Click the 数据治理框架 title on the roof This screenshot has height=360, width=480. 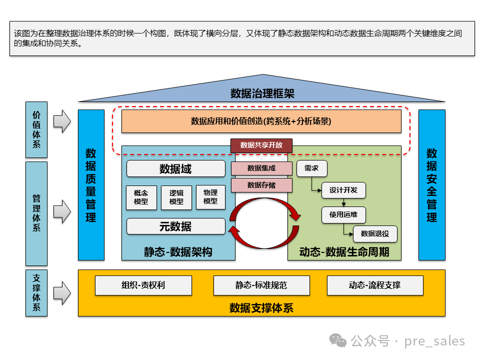pos(262,93)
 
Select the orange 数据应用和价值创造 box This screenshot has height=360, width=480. pos(261,121)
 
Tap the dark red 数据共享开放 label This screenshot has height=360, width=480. pos(261,145)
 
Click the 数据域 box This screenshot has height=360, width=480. pos(175,169)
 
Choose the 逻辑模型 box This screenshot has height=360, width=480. pos(176,197)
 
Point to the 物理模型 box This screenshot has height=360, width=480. pos(210,197)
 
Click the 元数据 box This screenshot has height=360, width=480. pos(175,226)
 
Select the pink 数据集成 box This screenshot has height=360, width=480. pos(261,168)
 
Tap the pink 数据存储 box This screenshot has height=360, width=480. pos(261,185)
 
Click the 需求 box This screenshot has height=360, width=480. pos(311,168)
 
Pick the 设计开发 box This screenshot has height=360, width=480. pos(343,190)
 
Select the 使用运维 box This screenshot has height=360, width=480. pos(343,215)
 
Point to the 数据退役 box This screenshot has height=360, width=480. pos(374,233)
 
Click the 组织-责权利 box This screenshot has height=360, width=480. pos(143,285)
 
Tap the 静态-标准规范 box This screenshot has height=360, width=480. pos(261,285)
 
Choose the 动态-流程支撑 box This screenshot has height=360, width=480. pos(374,285)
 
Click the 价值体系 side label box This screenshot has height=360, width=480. pos(36,129)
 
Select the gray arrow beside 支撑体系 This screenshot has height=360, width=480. pos(62,293)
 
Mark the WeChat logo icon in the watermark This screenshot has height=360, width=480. pos(340,341)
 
